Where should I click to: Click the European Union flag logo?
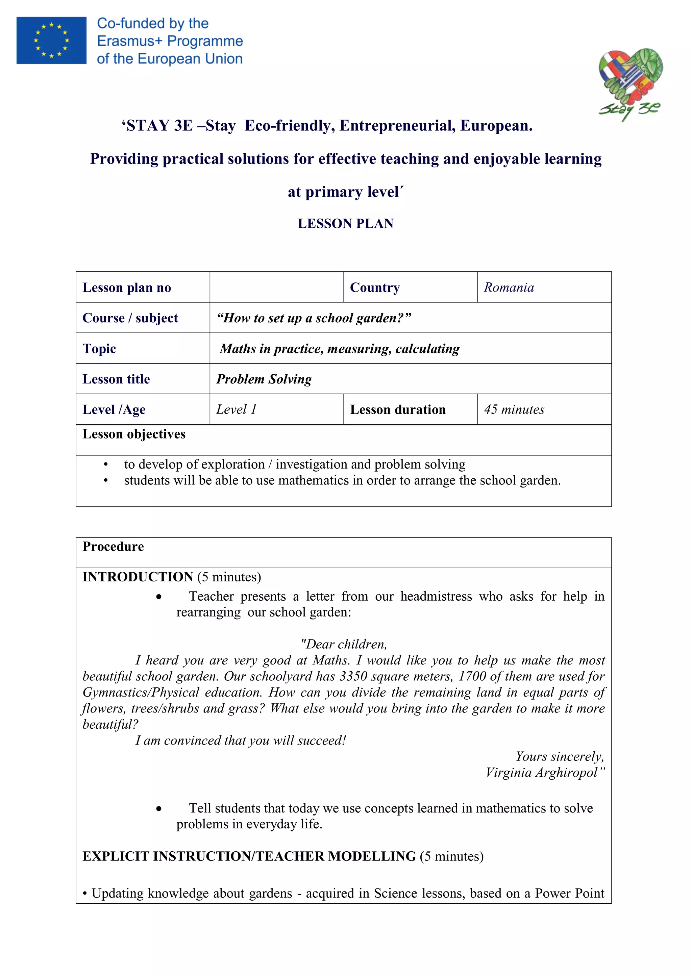click(x=51, y=40)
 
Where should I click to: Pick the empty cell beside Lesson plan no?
click(x=276, y=287)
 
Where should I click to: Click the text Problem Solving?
click(x=264, y=379)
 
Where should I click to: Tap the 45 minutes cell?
click(x=514, y=409)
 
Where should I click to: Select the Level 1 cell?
click(x=236, y=409)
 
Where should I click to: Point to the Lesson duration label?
click(x=398, y=409)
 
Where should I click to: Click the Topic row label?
click(x=99, y=348)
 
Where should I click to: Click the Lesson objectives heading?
click(x=134, y=434)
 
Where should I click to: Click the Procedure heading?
click(x=113, y=547)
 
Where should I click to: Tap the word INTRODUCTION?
click(x=138, y=577)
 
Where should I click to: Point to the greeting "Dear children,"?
click(x=343, y=644)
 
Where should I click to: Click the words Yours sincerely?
click(x=560, y=756)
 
